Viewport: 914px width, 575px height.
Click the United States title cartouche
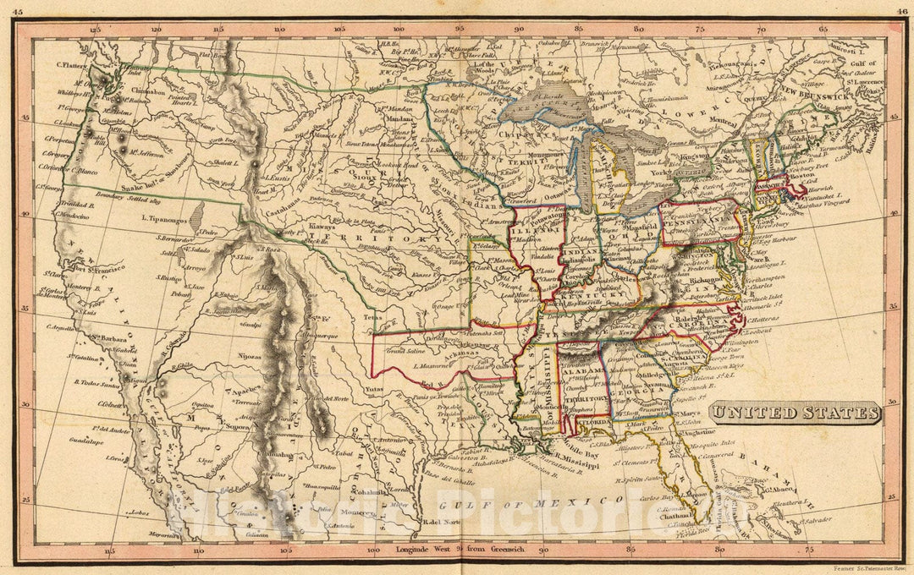pyautogui.click(x=795, y=413)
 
